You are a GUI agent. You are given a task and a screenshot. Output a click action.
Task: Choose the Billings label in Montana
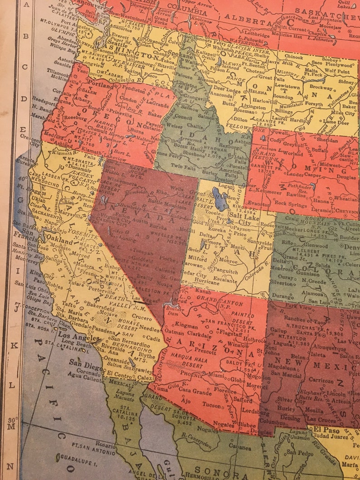pyautogui.click(x=284, y=111)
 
